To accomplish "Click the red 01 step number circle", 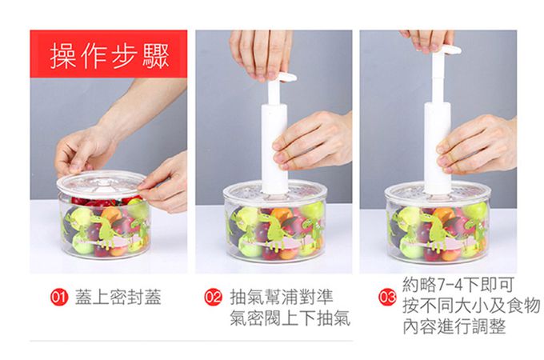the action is (x=58, y=298).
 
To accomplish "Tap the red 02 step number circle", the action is (x=212, y=298).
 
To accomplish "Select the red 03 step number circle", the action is (x=387, y=298).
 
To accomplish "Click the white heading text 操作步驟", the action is (x=110, y=55).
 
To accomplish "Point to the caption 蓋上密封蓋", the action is (x=118, y=298).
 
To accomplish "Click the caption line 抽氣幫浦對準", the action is (x=282, y=298).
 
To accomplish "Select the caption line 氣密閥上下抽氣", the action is (x=290, y=318).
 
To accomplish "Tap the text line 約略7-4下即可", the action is (x=458, y=285).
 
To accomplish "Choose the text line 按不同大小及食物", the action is (x=471, y=306).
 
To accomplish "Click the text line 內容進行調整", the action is (x=454, y=326).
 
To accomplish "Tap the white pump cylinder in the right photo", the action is (x=437, y=148).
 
